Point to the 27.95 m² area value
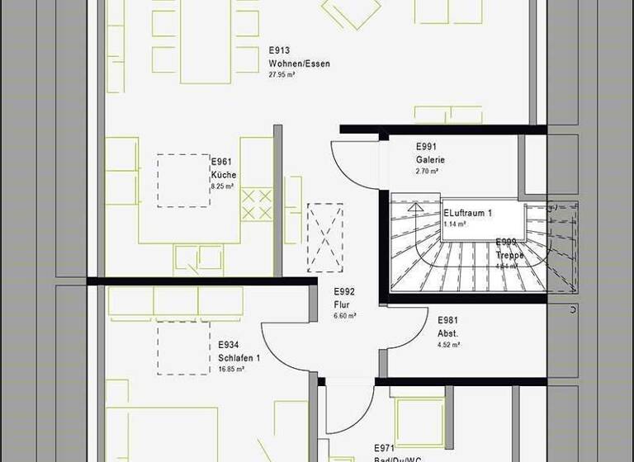coord(282,74)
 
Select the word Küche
coord(224,175)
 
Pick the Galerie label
coord(430,160)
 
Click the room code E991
coord(428,148)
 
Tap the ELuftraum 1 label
coord(467,213)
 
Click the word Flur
coord(342,304)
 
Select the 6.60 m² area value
coord(345,316)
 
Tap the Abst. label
coord(447,333)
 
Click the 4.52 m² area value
coord(449,346)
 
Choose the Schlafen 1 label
coord(239,358)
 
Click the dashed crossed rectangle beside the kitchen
coord(324,237)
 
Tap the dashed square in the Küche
coord(183,180)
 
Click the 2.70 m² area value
coord(427,172)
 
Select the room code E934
coord(229,346)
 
